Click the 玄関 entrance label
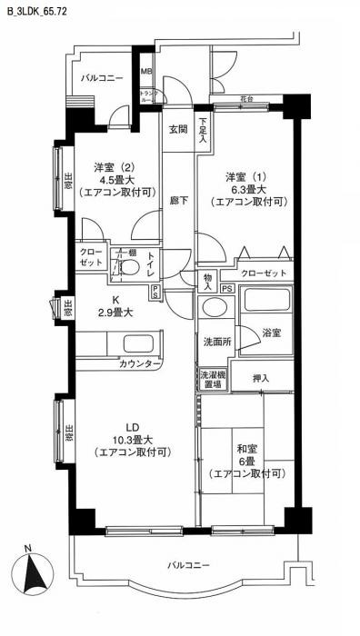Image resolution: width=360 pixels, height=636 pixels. [177, 129]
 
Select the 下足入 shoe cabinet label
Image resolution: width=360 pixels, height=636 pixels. [205, 133]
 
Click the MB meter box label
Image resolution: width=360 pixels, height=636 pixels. [145, 72]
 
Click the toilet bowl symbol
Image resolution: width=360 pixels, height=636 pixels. [129, 269]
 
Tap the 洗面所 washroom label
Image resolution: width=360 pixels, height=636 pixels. [216, 343]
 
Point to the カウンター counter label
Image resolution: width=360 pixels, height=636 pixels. [140, 364]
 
